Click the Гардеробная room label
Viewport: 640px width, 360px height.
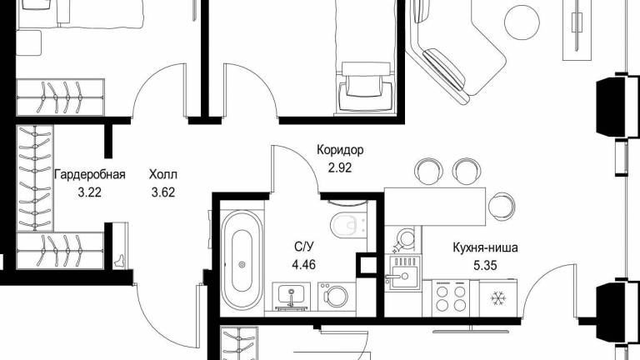[90, 175]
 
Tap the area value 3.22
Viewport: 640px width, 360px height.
[89, 192]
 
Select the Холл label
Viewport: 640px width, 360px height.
[162, 175]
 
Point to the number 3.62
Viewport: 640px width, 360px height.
[163, 192]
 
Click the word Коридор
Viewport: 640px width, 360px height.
[340, 150]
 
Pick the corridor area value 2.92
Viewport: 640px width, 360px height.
[340, 167]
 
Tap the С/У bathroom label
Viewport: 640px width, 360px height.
[304, 247]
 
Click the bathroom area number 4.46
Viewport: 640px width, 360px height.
[303, 264]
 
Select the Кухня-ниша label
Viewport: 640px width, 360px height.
[485, 247]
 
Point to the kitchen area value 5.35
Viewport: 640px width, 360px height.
[485, 266]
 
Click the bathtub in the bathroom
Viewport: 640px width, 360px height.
[242, 260]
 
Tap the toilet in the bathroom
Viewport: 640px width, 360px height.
[347, 224]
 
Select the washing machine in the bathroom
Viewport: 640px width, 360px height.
[337, 296]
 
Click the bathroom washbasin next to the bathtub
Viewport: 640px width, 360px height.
[291, 296]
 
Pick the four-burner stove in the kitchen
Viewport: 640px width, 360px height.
[451, 298]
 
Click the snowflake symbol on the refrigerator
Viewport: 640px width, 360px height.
[497, 299]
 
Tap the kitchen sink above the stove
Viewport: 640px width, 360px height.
[403, 272]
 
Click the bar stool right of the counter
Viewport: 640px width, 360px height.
[502, 206]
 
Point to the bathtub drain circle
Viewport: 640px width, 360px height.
[242, 265]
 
